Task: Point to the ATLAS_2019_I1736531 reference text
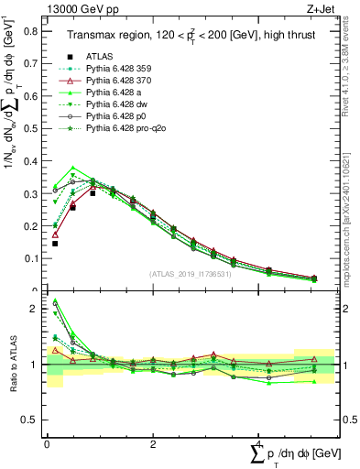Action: (190, 274)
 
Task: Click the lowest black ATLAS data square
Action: (55, 244)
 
